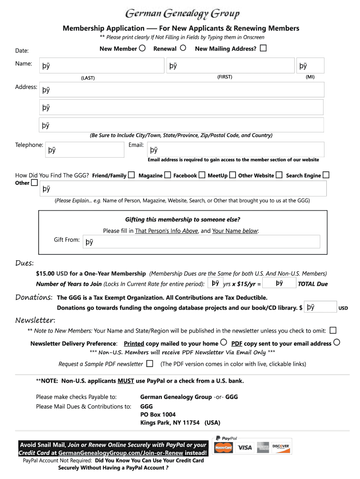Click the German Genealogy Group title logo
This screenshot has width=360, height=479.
tap(183, 15)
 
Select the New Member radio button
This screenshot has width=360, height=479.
tap(142, 48)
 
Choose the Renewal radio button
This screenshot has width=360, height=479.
tap(183, 48)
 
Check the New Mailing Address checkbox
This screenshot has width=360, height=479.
tap(263, 48)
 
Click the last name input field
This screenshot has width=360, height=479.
tap(101, 66)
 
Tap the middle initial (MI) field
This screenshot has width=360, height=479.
tap(310, 66)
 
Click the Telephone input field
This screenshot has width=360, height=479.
tap(84, 150)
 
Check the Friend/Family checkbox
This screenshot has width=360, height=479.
tap(131, 175)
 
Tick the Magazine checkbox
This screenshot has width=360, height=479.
tap(167, 175)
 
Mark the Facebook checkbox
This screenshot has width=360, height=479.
tap(202, 175)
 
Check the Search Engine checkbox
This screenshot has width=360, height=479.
tap(326, 175)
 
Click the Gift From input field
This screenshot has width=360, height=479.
tap(201, 241)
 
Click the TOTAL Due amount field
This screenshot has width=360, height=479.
tap(280, 283)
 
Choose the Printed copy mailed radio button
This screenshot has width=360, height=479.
tap(223, 342)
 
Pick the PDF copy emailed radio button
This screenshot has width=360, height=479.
tap(336, 342)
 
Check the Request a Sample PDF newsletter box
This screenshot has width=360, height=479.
tap(150, 363)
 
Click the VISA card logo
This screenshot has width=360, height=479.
tap(245, 448)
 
